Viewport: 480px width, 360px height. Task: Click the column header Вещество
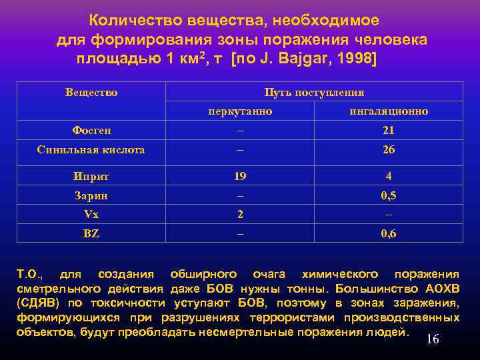click(x=91, y=93)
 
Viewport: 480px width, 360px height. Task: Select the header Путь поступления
click(x=314, y=93)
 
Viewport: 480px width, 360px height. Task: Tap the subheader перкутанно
click(x=240, y=111)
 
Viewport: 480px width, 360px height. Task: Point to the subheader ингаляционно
click(x=389, y=111)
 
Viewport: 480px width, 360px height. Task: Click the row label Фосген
click(x=91, y=131)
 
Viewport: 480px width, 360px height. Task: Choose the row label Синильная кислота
click(x=91, y=150)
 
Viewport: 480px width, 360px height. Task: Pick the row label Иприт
click(x=91, y=177)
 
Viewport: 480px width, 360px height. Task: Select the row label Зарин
click(x=91, y=196)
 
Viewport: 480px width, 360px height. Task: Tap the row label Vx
click(x=91, y=215)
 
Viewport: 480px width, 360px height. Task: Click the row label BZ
click(x=91, y=234)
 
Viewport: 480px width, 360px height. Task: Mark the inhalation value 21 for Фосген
click(x=389, y=131)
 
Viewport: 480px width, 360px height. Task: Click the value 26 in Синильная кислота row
click(x=389, y=150)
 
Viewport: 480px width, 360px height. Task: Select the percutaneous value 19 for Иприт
click(x=240, y=177)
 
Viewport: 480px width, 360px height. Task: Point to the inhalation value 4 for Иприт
click(x=389, y=177)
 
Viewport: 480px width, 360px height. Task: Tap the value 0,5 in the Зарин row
click(x=389, y=196)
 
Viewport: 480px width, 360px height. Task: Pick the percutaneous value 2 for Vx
click(x=240, y=215)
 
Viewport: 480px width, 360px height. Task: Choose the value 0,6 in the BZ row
click(x=389, y=234)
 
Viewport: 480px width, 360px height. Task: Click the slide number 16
click(x=433, y=340)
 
